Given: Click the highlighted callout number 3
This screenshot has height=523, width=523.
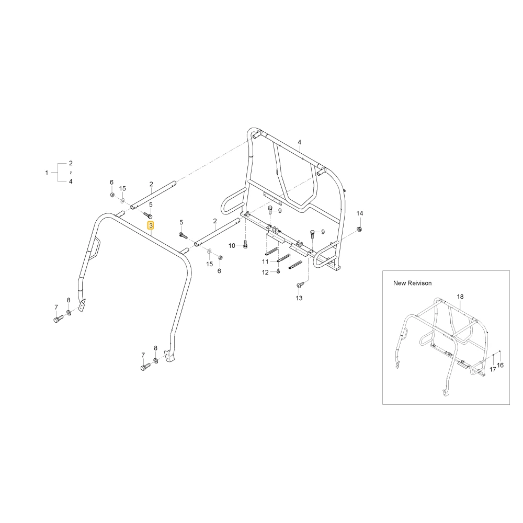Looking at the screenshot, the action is coord(151,226).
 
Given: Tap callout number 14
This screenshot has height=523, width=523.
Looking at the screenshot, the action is coord(360,213).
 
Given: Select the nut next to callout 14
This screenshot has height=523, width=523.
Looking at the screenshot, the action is coord(360,229).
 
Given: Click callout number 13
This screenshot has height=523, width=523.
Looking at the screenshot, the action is coord(299,298).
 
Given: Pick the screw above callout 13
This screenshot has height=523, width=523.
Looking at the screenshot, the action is coord(299,285).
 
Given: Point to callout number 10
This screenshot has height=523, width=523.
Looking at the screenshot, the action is coord(232,246).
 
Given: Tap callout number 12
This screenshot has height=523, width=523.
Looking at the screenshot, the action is coord(265,272).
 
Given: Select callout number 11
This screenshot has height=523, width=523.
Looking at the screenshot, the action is coord(265,261).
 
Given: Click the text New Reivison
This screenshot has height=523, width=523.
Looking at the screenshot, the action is coord(412,283).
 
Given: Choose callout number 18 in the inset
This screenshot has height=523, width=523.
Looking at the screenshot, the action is coord(460,297).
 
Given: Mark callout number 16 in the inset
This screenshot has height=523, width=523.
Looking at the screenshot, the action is coord(501,365).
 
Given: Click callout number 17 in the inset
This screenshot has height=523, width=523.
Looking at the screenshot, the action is coord(493,370).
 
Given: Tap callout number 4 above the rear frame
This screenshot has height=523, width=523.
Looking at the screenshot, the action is coord(300,142).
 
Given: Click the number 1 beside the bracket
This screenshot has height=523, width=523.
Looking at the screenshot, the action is coord(47,173).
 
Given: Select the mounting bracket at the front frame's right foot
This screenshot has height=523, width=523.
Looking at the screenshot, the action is coord(170,356).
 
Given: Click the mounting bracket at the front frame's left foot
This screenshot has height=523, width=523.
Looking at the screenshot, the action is coord(82,305).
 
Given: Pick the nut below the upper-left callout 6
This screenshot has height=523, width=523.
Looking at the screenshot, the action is coord(112,195).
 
